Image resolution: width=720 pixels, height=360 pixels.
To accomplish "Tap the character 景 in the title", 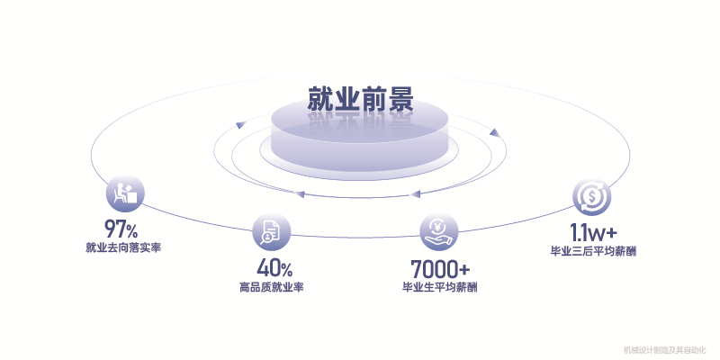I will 400,99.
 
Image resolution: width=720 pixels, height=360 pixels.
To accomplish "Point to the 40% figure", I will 274,267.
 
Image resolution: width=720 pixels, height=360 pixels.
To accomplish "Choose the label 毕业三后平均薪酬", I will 593,250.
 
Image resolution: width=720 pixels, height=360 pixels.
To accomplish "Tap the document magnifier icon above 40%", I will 270,232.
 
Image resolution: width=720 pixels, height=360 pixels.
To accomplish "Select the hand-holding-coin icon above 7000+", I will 439,232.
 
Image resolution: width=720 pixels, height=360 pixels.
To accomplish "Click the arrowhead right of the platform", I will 493,133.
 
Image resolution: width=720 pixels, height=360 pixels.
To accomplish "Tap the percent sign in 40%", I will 286,269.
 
